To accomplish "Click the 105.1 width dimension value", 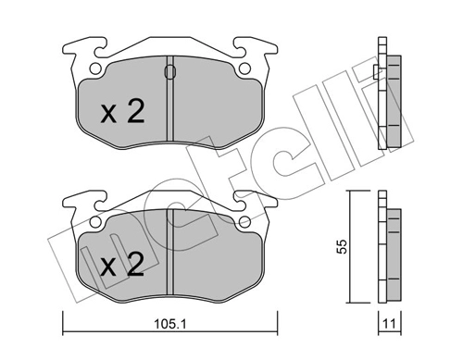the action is [169, 324].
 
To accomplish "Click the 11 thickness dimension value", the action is [389, 324].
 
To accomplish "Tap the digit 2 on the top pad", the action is [136, 111].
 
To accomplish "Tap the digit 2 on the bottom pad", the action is [136, 264].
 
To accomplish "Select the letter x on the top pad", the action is [108, 115].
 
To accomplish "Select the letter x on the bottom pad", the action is [108, 268].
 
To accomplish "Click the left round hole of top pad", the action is [95, 68].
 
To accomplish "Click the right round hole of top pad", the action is [244, 68].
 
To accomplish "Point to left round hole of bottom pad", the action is [95, 221].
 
